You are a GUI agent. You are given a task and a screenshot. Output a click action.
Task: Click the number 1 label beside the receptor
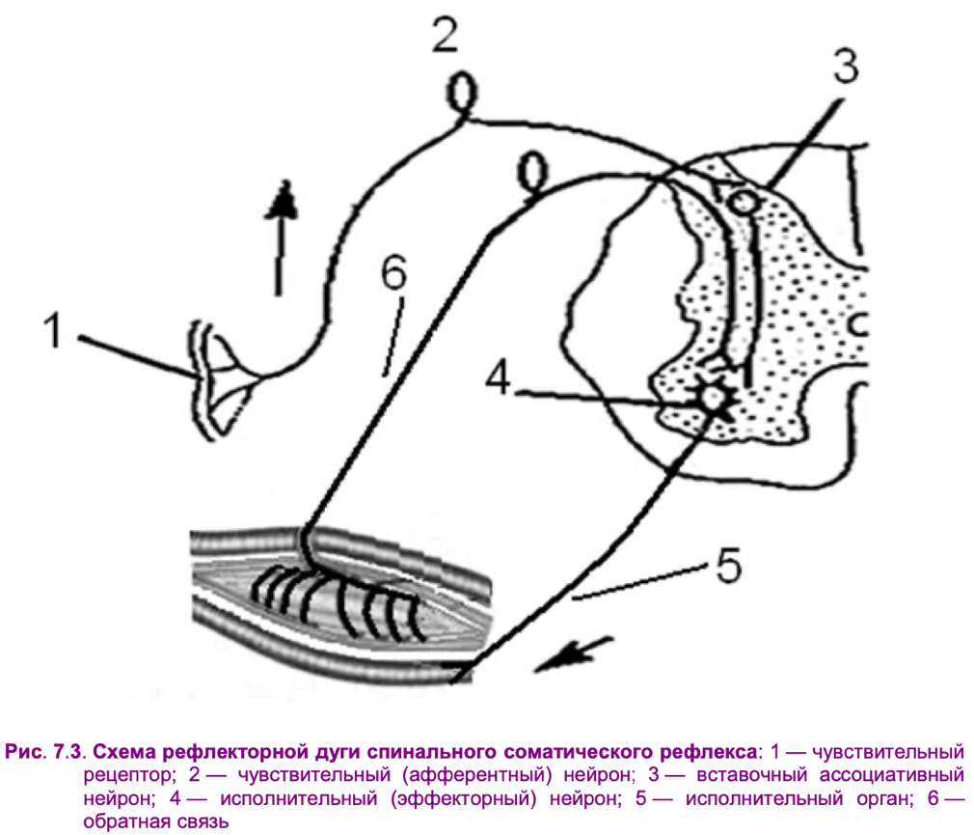click(x=54, y=330)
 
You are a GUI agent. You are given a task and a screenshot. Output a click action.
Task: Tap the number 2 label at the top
click(x=446, y=35)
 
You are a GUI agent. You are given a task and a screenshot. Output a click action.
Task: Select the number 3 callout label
click(x=846, y=67)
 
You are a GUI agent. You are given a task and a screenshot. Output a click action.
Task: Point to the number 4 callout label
click(x=499, y=376)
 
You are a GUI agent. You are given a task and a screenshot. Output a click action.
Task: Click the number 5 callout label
click(x=729, y=565)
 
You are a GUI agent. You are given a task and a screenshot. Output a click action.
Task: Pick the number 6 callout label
click(x=394, y=272)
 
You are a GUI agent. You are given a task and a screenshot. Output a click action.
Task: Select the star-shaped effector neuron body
click(x=712, y=397)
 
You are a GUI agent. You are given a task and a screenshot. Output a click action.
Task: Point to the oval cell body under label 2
click(x=463, y=94)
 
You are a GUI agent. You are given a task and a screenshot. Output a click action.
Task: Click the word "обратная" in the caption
click(x=121, y=821)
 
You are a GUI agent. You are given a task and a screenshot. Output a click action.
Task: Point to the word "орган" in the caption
click(x=884, y=799)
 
